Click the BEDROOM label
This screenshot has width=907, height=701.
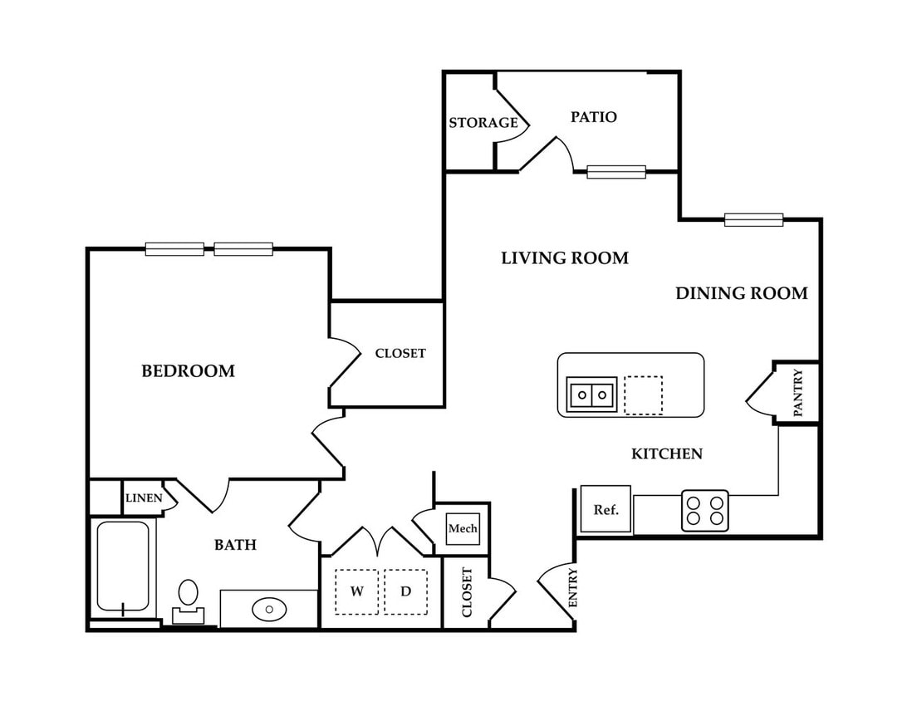click(x=188, y=370)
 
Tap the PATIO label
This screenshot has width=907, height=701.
click(x=594, y=117)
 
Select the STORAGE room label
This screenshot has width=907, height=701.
click(x=483, y=123)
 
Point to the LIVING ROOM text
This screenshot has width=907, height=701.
click(x=565, y=258)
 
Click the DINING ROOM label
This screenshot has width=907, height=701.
click(x=742, y=293)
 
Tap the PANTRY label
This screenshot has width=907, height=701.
click(x=798, y=393)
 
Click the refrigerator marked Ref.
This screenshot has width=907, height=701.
click(x=605, y=509)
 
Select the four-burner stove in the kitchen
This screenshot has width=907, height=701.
click(x=704, y=511)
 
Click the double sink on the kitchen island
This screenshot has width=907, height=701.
click(x=591, y=395)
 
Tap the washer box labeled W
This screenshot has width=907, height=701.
click(x=357, y=591)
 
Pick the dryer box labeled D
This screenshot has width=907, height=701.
click(x=406, y=591)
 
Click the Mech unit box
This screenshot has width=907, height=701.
click(x=463, y=528)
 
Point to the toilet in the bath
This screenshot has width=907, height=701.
click(x=188, y=602)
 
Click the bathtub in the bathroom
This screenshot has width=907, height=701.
click(x=123, y=566)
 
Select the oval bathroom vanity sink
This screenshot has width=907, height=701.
click(x=269, y=609)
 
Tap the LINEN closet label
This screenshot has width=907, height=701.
click(x=144, y=498)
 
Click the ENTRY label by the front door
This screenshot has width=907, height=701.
click(x=572, y=587)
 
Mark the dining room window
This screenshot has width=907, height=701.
click(x=753, y=220)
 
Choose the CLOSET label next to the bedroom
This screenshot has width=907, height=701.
click(x=400, y=353)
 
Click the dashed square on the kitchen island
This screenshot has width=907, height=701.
click(x=643, y=395)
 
